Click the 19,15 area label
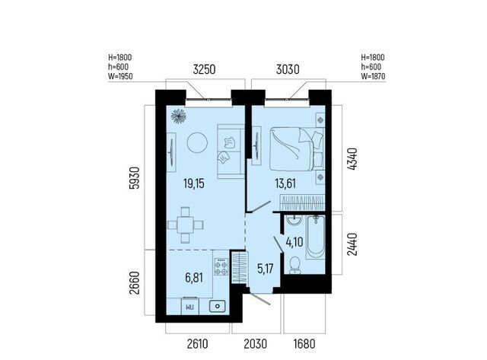(194, 183)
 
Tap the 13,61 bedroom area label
(285, 183)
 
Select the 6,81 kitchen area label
(194, 278)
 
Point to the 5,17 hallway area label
(266, 269)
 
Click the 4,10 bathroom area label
(294, 242)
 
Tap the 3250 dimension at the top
(204, 69)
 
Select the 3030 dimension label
(288, 69)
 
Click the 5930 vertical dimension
(133, 178)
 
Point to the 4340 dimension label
(352, 159)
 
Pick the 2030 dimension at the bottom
(256, 344)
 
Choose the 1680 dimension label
(304, 344)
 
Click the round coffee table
(197, 142)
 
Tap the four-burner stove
(221, 267)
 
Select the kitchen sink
(218, 307)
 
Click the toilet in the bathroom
(294, 266)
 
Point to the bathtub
(316, 237)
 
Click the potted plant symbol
(179, 116)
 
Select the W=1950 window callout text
(120, 76)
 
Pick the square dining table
(186, 225)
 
